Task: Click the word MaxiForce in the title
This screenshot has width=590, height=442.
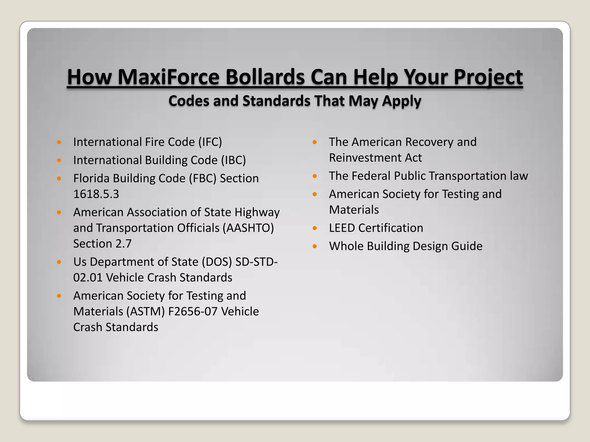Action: click(169, 77)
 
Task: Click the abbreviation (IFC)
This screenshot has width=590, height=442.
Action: click(210, 142)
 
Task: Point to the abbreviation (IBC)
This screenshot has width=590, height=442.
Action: click(233, 160)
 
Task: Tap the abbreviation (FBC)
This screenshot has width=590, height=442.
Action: click(203, 178)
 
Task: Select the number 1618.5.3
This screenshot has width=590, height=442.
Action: click(96, 194)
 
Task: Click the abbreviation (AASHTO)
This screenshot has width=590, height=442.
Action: click(248, 228)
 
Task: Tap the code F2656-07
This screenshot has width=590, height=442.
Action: click(193, 312)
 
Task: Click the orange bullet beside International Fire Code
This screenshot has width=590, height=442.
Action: click(59, 142)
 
